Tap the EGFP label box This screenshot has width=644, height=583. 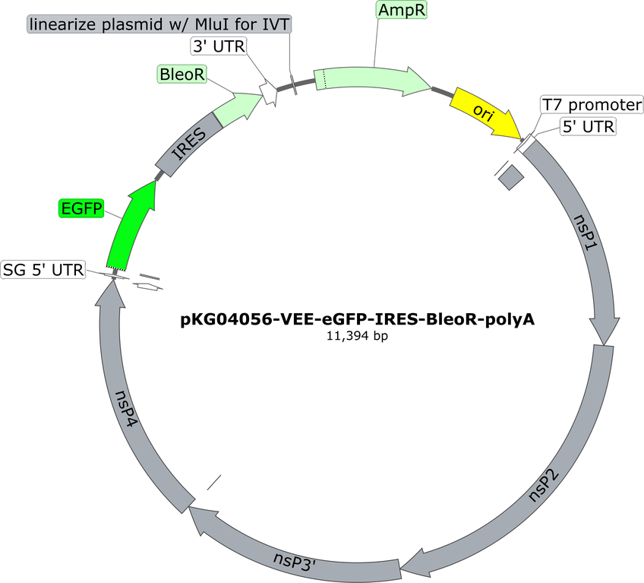[x=81, y=208]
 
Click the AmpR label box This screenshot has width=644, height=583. [x=401, y=10]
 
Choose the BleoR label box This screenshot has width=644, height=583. [x=182, y=74]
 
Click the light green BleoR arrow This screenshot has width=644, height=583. [x=238, y=108]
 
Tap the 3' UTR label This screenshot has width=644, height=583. [x=219, y=46]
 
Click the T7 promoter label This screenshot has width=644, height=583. [x=592, y=105]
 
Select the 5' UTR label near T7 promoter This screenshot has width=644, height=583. [x=588, y=127]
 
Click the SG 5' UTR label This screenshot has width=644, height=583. [x=43, y=270]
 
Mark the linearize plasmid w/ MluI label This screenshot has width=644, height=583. [x=159, y=24]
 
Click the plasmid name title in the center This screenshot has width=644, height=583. [x=358, y=319]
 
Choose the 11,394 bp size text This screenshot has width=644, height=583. [x=358, y=336]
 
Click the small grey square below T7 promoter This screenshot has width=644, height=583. [x=510, y=177]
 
